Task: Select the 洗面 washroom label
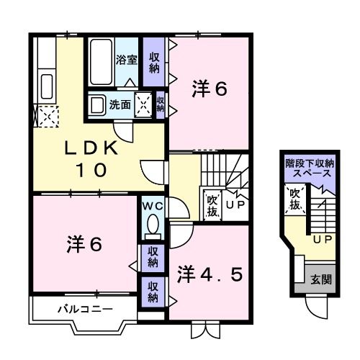(x=120, y=104)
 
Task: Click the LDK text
(x=91, y=148)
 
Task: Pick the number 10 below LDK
(x=92, y=171)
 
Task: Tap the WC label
(x=152, y=206)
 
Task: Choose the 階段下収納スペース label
(x=309, y=168)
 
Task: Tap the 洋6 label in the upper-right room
(x=210, y=90)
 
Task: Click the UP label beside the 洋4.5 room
(x=235, y=204)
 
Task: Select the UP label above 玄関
(x=322, y=238)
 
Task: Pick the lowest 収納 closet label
(x=153, y=291)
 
